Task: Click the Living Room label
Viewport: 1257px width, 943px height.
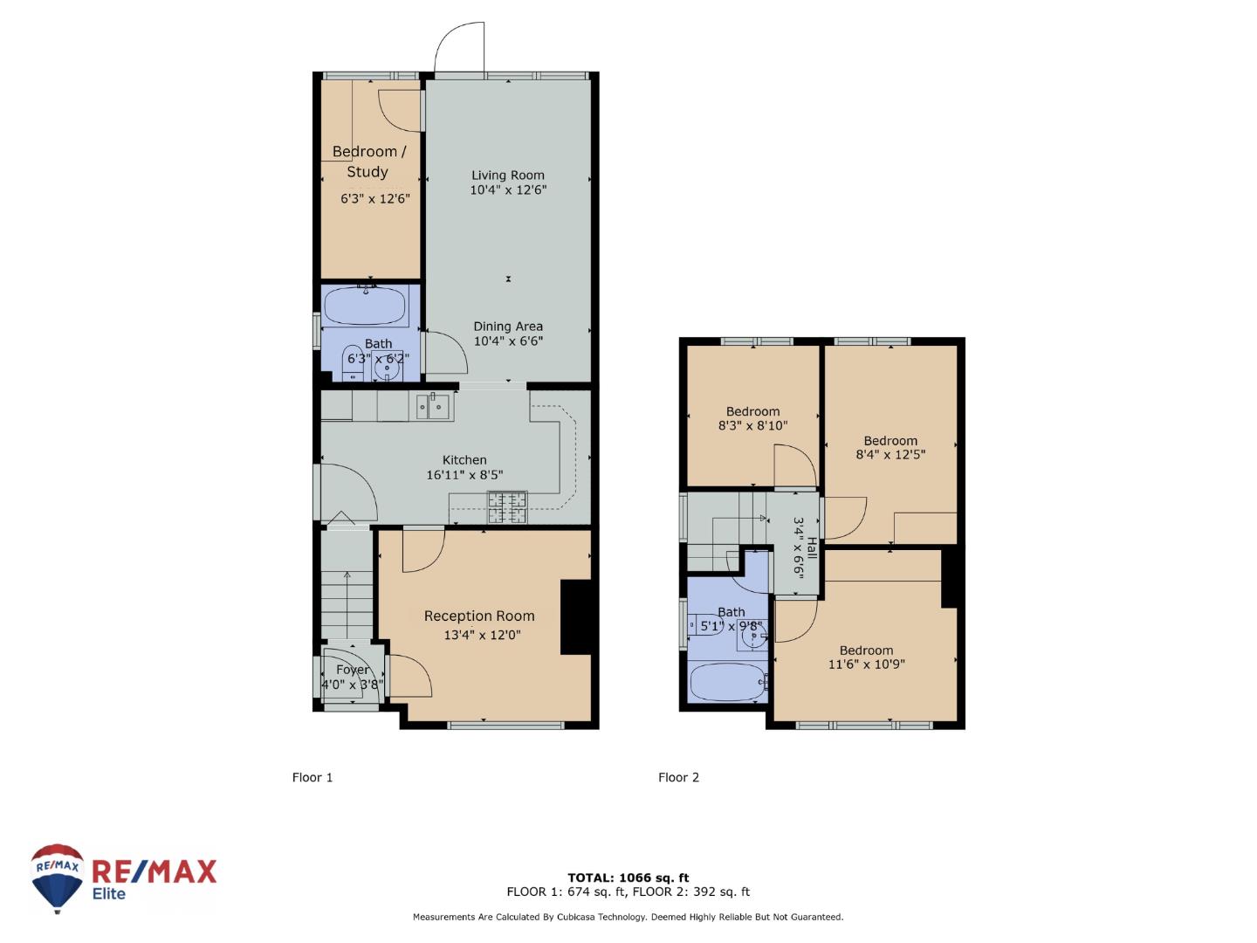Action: coord(507,176)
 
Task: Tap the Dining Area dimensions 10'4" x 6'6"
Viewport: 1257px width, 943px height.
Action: coord(508,341)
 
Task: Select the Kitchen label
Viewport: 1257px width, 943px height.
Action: coord(464,460)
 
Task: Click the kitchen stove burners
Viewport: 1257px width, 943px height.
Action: coord(507,506)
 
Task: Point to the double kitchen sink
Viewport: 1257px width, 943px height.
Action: coord(436,406)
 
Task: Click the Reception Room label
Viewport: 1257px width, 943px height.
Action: coord(479,616)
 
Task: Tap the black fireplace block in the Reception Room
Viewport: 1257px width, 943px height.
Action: coord(575,617)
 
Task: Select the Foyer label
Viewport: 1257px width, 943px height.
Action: coord(352,670)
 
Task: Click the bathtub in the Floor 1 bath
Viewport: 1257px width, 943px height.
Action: coord(366,306)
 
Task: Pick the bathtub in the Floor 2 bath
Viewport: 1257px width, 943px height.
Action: coord(727,683)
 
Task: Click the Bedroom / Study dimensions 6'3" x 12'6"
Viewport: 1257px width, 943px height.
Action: coord(375,199)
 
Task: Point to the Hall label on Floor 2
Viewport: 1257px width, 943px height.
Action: coord(812,548)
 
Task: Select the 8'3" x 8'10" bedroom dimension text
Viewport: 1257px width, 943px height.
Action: coord(753,425)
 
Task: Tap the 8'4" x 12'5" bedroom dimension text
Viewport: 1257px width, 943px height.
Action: coord(890,455)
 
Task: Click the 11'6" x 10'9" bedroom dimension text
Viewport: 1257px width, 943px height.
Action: coord(867,664)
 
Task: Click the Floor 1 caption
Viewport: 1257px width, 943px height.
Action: coord(313,777)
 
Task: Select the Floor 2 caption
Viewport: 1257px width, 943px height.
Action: coord(678,777)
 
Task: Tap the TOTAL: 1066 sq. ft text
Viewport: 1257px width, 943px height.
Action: coord(628,878)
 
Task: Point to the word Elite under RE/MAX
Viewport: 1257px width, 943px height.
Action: coord(109,894)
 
